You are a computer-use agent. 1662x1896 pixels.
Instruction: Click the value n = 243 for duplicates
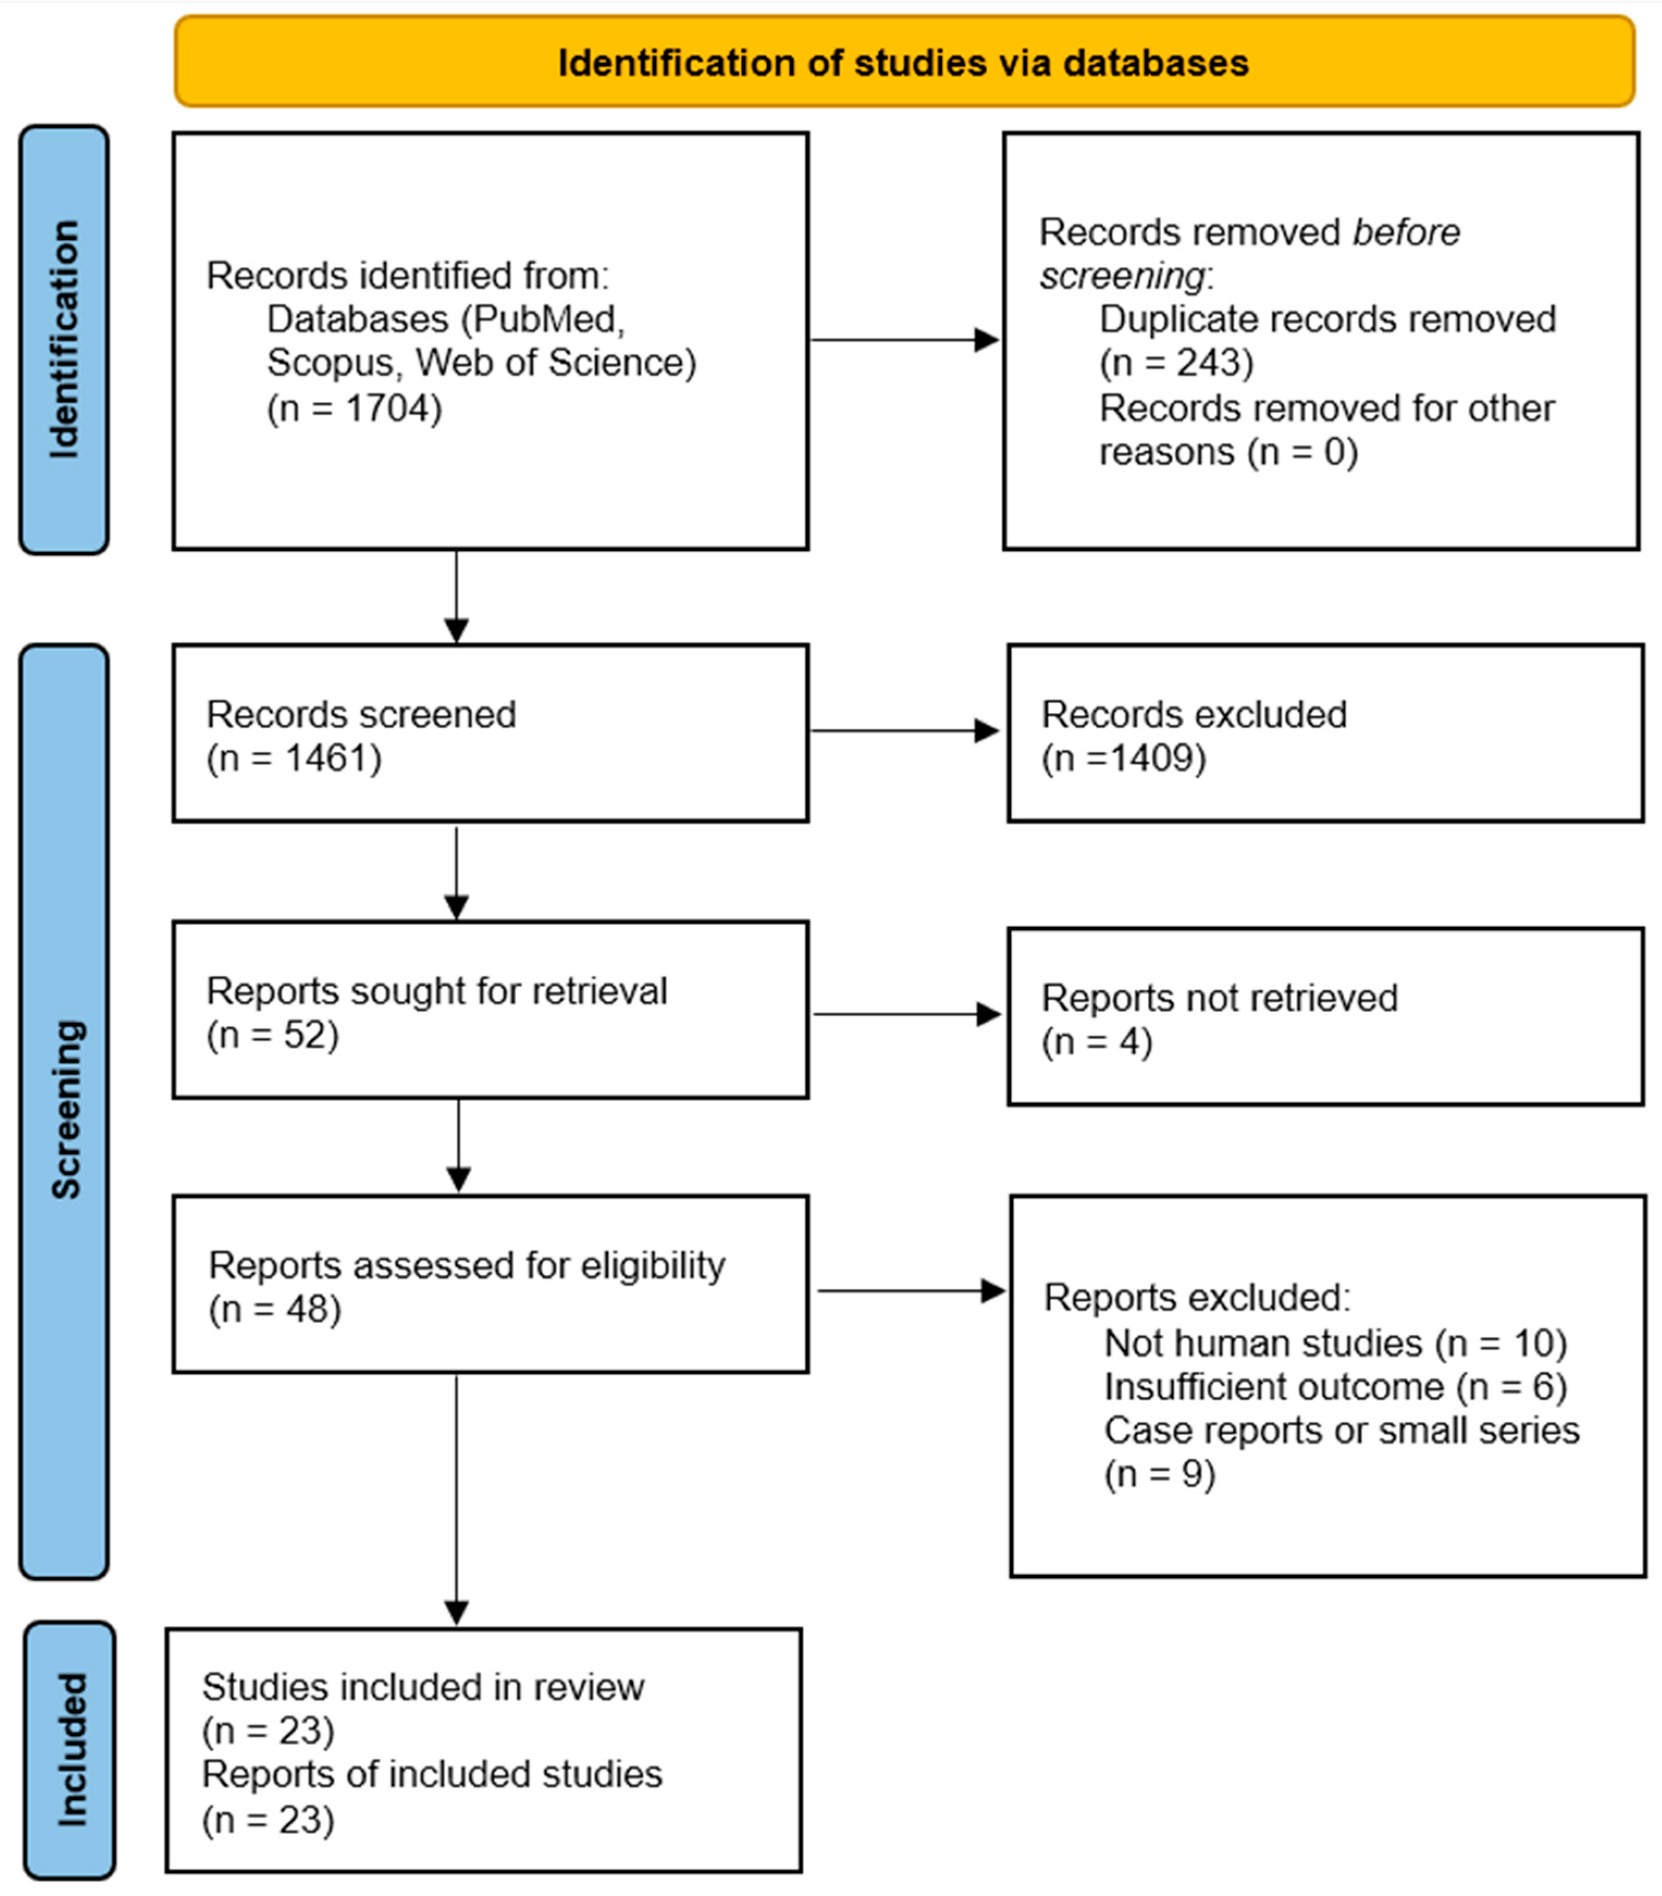point(1176,363)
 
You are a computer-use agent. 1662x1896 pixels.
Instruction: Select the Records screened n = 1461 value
point(293,759)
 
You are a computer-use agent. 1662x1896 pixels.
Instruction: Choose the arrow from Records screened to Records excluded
point(904,731)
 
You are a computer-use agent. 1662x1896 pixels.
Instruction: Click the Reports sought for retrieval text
point(436,991)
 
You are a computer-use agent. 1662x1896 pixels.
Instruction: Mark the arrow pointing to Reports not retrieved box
point(906,1014)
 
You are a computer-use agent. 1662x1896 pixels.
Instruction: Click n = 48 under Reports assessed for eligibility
point(275,1309)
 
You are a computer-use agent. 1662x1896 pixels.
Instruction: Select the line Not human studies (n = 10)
point(1334,1342)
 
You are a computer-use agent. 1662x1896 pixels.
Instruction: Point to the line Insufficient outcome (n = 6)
point(1334,1386)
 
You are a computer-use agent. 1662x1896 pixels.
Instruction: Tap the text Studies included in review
point(423,1687)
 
